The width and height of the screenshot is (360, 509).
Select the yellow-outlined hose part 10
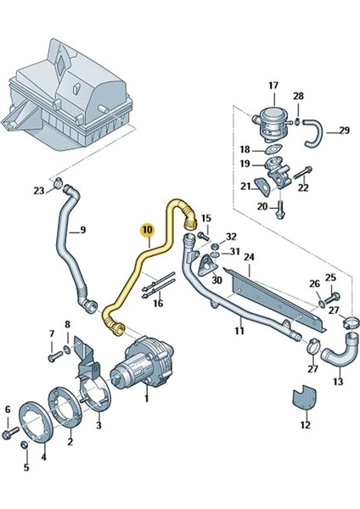coord(136,271)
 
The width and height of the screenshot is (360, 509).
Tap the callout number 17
coord(273,86)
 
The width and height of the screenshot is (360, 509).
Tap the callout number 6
coord(8,410)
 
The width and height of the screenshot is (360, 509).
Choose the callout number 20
coord(262,206)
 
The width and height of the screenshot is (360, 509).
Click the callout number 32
coord(231,237)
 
